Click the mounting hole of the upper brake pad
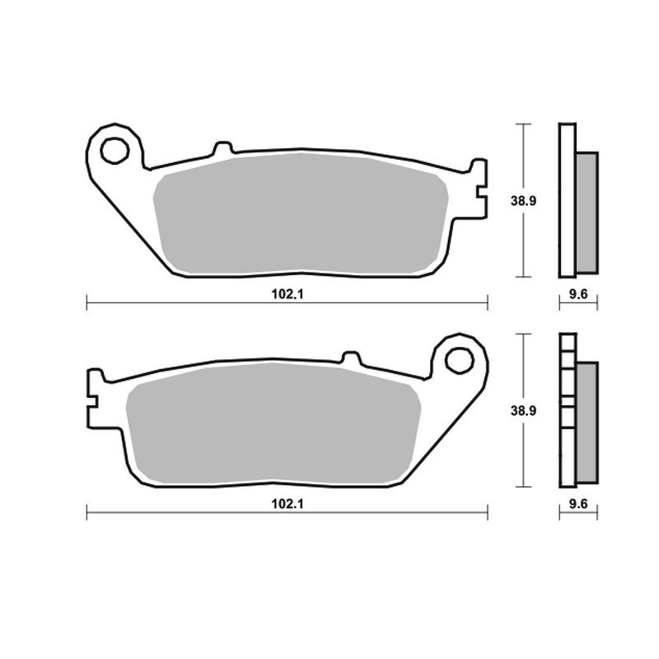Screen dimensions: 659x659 click(x=115, y=150)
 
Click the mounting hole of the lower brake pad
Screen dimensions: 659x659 click(x=460, y=360)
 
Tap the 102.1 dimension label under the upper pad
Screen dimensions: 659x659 click(x=287, y=294)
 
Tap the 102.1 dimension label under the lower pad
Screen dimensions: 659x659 click(x=287, y=503)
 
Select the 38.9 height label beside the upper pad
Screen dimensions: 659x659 click(x=523, y=201)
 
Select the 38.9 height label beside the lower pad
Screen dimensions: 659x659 click(x=523, y=410)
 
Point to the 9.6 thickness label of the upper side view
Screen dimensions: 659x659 click(x=578, y=294)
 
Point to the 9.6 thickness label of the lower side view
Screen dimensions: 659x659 click(x=578, y=503)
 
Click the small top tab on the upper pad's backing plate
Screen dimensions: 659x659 click(x=222, y=148)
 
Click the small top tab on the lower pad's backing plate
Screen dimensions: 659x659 click(x=352, y=358)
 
